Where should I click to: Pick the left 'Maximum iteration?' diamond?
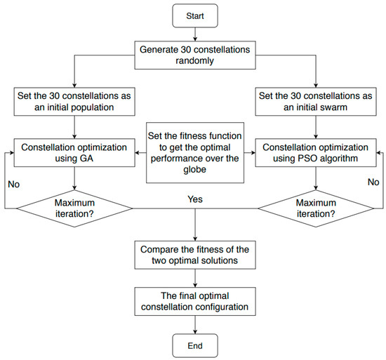coord(74,208)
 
